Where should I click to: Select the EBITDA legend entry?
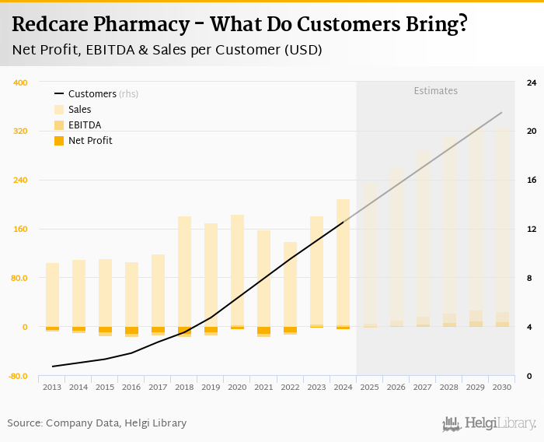coord(84,125)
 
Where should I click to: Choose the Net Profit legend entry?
coord(89,141)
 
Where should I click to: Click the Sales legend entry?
coord(79,110)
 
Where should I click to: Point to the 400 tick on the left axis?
coord(20,82)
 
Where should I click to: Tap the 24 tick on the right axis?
coord(532,82)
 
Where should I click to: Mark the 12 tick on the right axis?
coord(532,230)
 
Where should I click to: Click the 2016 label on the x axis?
coord(131,388)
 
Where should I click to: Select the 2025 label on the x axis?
coord(369,388)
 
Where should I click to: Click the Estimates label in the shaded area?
coord(435,91)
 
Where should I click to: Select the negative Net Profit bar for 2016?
coord(131,331)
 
